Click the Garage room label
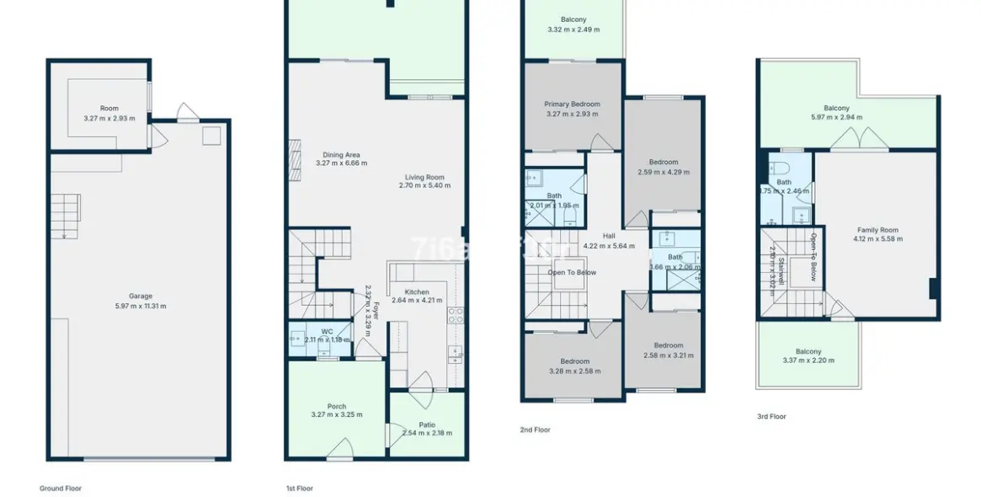pos(141,296)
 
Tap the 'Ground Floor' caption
pos(61,488)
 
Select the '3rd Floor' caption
pos(770,416)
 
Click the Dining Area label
pos(341,155)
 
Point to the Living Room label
pos(424,178)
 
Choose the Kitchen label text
pos(417,291)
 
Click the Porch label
pos(336,407)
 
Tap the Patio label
pos(427,425)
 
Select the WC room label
pos(327,331)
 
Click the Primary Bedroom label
pos(572,104)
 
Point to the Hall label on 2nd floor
pos(608,237)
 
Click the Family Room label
pos(877,230)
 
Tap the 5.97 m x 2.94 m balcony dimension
pos(836,117)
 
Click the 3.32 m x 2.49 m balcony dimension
pos(573,29)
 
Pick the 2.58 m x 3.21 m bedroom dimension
pos(669,355)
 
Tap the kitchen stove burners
pos(456,316)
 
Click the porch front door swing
pos(339,453)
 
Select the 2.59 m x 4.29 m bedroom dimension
pos(663,172)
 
